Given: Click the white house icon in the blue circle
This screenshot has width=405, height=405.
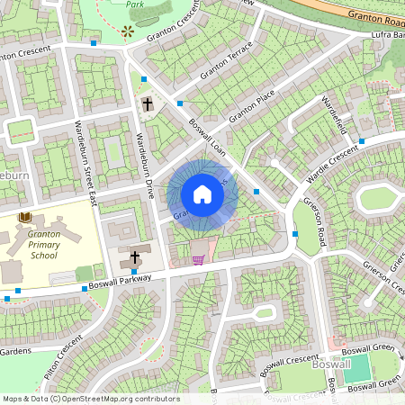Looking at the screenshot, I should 202,194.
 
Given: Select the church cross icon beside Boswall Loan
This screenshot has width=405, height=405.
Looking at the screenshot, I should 147,105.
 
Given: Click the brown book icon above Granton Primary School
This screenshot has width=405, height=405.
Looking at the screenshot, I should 25,217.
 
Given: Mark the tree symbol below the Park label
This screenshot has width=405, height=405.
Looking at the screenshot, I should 128,31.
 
